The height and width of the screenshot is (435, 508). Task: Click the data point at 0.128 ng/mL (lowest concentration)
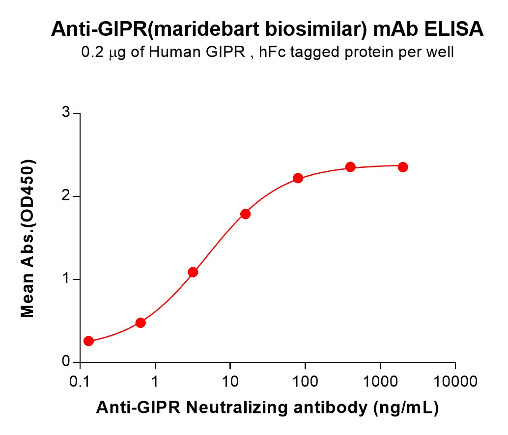[x=88, y=341]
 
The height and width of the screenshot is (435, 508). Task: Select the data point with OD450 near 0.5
[x=141, y=323]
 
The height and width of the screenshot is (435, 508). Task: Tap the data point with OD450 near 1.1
[x=193, y=272]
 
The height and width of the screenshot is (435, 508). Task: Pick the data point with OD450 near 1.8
[x=246, y=214]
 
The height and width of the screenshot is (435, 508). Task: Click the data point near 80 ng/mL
[x=298, y=178]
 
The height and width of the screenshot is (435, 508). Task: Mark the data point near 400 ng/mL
[x=350, y=167]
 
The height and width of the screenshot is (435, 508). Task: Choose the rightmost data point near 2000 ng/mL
[x=403, y=167]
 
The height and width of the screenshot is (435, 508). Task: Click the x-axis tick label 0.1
[x=80, y=381]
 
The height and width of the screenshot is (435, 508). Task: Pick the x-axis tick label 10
[x=230, y=381]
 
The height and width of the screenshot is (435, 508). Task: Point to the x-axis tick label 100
[x=305, y=381]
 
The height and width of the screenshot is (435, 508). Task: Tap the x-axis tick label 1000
[x=380, y=381]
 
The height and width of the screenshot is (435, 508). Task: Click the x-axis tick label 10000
[x=455, y=381]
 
